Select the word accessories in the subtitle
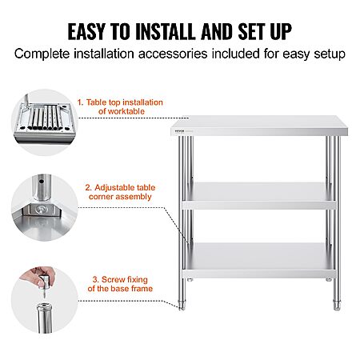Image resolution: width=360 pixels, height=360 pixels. tap(173, 54)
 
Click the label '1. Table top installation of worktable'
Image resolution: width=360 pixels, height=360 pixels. tap(120, 106)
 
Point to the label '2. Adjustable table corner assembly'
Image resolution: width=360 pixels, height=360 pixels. tap(120, 192)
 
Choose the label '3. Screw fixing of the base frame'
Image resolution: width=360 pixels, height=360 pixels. tap(120, 284)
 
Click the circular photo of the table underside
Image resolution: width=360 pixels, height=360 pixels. tap(45, 122)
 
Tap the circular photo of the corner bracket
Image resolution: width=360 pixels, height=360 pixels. tap(45, 208)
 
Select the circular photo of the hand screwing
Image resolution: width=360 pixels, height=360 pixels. tap(45, 300)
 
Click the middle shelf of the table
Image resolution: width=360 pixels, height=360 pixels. tap(259, 196)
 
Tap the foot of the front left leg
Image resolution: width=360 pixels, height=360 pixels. tap(182, 305)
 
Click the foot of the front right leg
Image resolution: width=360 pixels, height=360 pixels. tap(337, 305)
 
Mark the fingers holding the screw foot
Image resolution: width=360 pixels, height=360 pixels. tap(38, 276)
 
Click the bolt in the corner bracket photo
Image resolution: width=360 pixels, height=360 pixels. tap(42, 209)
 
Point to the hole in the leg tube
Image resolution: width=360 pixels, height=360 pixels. tap(42, 182)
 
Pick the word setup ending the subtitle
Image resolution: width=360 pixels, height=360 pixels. tap(330, 54)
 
